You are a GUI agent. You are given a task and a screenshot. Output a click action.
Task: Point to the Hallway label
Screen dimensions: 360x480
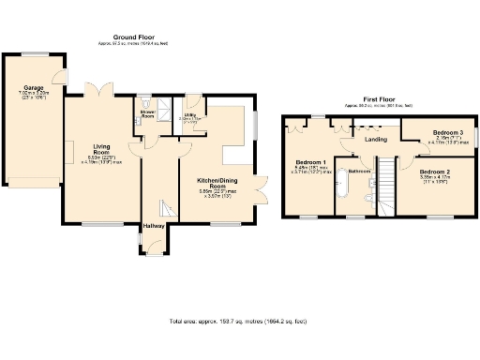pyautogui.click(x=153, y=226)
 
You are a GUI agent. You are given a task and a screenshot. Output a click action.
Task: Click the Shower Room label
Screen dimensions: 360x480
pyautogui.click(x=147, y=115)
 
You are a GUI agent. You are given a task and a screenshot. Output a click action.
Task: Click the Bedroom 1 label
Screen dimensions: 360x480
pyautogui.click(x=309, y=161)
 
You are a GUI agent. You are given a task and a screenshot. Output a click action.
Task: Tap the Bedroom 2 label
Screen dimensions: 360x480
pyautogui.click(x=434, y=172)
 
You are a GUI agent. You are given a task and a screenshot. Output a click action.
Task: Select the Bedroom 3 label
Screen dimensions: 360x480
pyautogui.click(x=446, y=133)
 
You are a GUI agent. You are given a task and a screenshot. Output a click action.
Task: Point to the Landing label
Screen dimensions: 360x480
pyautogui.click(x=375, y=141)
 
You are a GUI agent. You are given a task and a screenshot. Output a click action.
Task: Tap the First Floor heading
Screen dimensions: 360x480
pyautogui.click(x=378, y=99)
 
